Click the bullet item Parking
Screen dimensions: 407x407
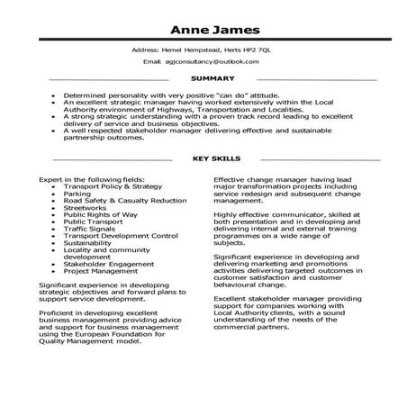pos(77,193)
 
